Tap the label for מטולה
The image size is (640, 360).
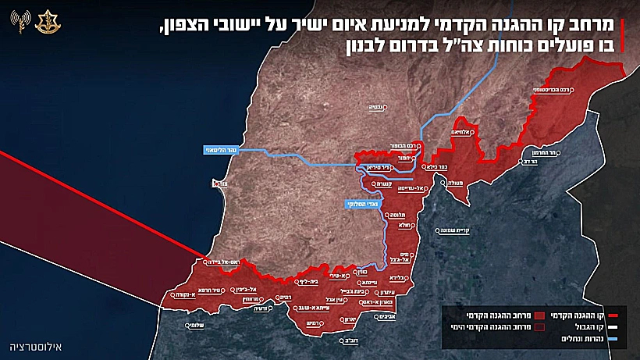453,183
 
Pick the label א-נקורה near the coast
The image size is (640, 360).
179,296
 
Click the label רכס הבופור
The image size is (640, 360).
405,145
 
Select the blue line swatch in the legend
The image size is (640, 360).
611,339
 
